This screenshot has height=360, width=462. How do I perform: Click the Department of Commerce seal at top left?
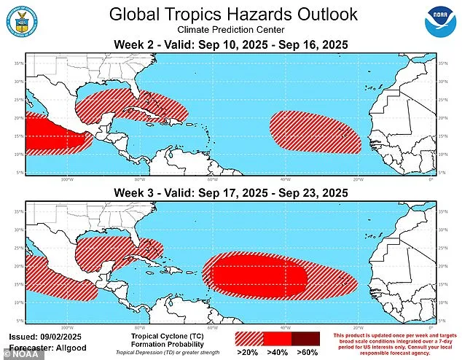20,20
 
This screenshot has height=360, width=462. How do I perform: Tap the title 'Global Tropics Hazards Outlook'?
232,14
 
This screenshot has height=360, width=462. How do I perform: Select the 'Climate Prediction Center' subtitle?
232,30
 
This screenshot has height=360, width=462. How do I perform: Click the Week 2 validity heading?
232,45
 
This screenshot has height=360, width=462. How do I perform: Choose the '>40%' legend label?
277,353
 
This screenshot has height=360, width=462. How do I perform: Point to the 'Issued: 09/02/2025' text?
42,337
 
